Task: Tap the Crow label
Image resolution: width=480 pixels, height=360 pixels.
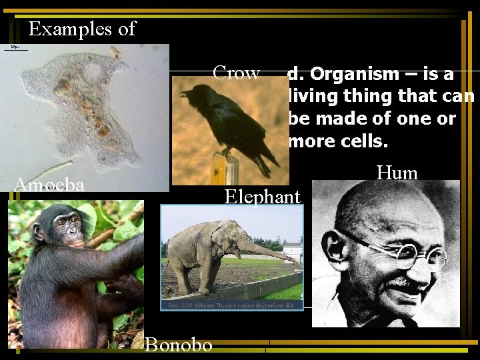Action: [235, 73]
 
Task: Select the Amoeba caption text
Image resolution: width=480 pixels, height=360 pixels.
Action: [49, 185]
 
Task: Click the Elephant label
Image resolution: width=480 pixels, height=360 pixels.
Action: [263, 196]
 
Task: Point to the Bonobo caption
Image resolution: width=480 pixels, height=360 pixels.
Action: [178, 344]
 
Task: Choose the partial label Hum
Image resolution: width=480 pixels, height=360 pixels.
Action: [397, 173]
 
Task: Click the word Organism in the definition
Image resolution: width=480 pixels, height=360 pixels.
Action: [350, 74]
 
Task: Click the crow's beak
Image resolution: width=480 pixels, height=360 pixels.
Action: [184, 94]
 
